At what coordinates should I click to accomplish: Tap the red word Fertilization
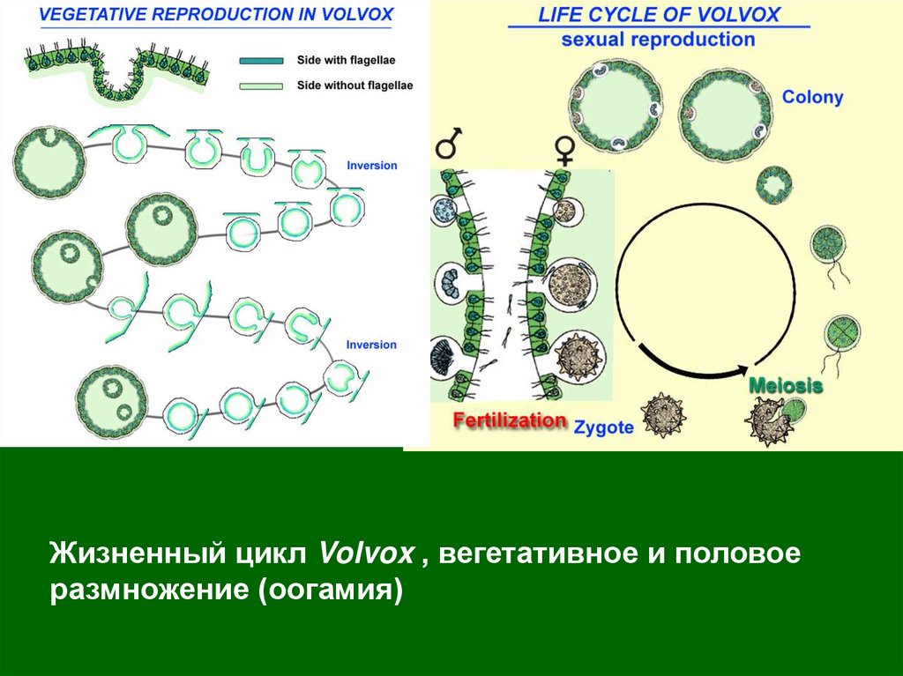tap(510, 420)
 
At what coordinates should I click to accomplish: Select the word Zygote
tap(604, 427)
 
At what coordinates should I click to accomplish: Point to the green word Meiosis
tap(786, 386)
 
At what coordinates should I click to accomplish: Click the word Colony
tap(812, 97)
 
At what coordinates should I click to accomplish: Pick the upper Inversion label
tap(372, 166)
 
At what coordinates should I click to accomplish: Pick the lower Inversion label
tap(372, 345)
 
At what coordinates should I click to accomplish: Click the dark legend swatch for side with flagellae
tap(260, 61)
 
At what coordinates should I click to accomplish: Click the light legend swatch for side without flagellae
tap(260, 85)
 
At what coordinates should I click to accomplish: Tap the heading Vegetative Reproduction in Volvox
tap(204, 15)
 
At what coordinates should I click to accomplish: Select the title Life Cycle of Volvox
tap(659, 15)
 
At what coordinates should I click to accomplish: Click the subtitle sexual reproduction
tap(658, 40)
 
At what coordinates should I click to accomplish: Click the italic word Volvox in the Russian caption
tap(366, 553)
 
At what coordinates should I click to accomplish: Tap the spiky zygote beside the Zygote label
tap(658, 414)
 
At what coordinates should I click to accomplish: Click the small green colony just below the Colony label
tap(775, 185)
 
